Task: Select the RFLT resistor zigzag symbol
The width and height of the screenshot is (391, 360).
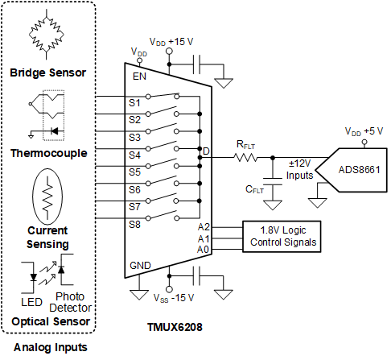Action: (x=245, y=158)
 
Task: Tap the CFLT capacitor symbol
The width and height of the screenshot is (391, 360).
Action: (x=273, y=181)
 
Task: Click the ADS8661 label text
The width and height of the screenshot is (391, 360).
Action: (x=359, y=170)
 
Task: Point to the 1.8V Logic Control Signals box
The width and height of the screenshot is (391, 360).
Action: (x=282, y=237)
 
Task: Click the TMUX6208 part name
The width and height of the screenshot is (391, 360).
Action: (x=175, y=327)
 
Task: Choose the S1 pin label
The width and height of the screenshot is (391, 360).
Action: (x=134, y=103)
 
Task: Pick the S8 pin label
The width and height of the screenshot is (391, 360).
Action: (x=134, y=225)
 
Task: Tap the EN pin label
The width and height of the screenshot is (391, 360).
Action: (x=139, y=77)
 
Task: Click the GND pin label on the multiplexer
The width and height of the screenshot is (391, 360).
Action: (x=140, y=266)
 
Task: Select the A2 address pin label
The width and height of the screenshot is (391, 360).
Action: (x=204, y=227)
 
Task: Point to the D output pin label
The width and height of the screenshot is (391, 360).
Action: (x=206, y=151)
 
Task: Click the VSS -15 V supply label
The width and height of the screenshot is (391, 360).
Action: (x=174, y=298)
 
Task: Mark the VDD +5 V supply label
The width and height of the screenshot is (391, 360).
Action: (x=364, y=131)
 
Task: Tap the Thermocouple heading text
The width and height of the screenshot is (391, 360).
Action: (x=49, y=153)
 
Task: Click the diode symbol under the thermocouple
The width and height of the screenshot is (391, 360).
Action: (x=55, y=131)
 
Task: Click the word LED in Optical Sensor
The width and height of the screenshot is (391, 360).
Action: (x=31, y=302)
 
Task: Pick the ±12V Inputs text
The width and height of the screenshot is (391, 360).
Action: (x=299, y=169)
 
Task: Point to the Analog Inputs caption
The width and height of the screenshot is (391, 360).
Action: (x=51, y=347)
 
